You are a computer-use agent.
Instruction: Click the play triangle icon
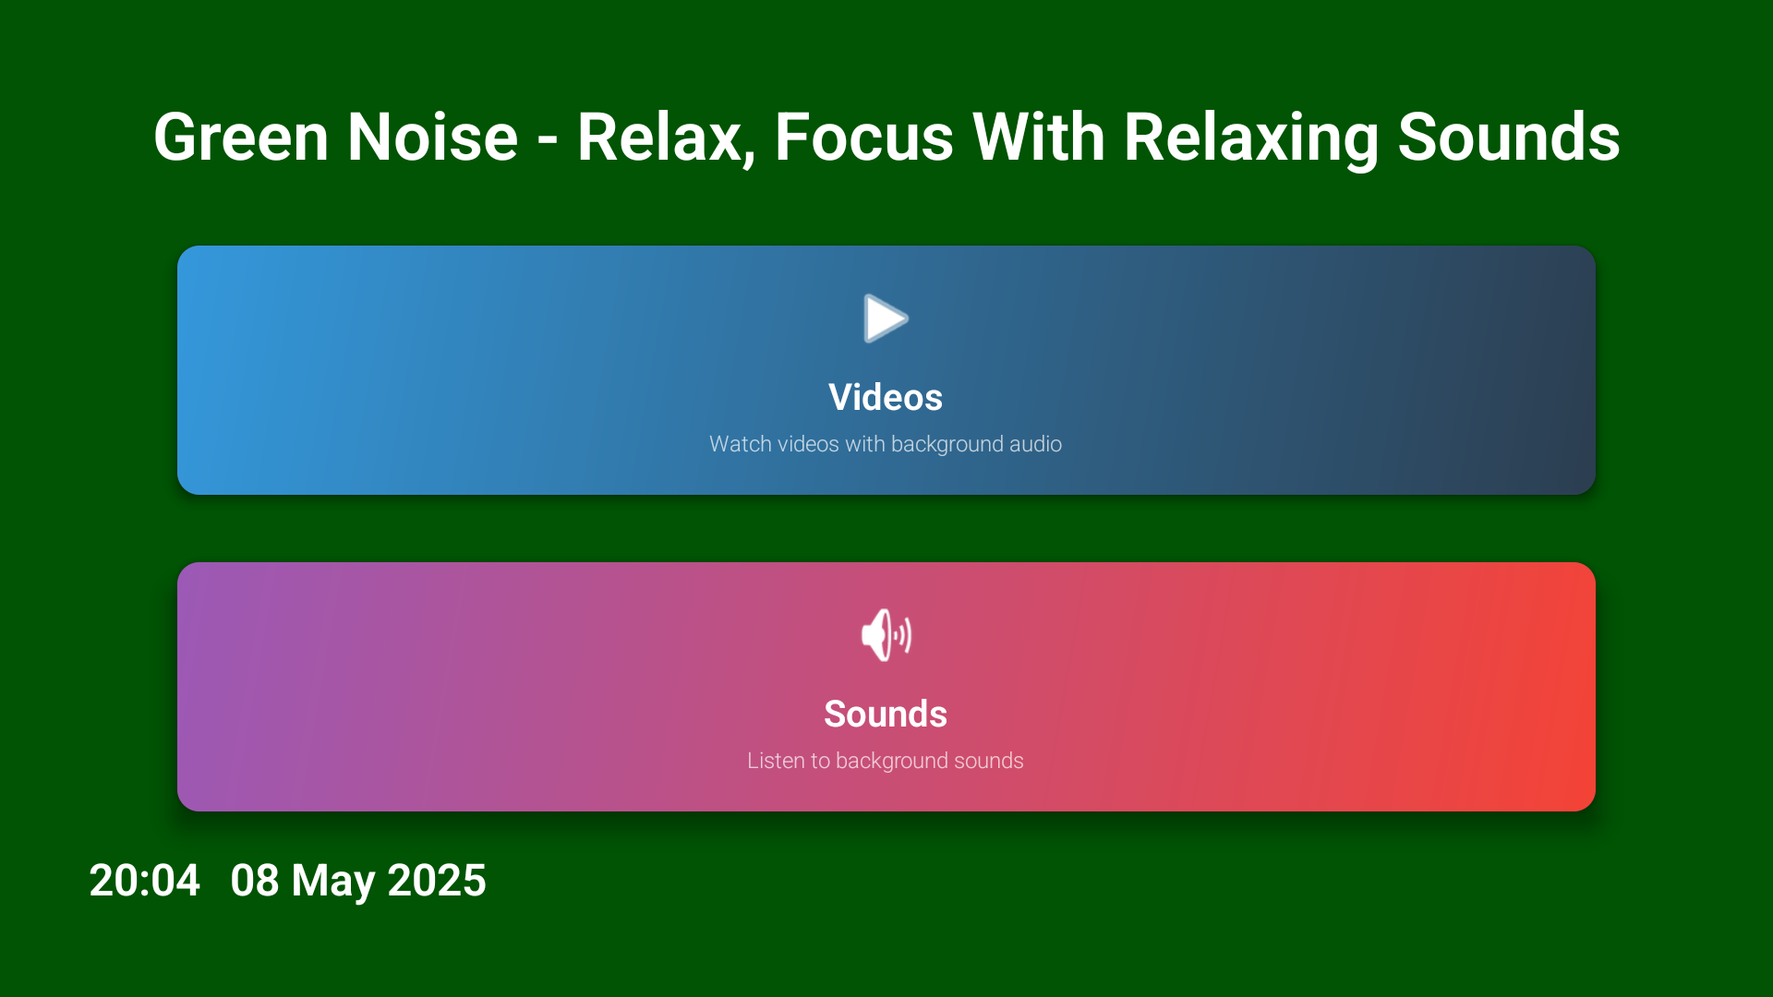(x=885, y=318)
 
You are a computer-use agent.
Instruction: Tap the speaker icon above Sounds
(x=886, y=635)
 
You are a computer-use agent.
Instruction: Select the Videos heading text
(x=885, y=397)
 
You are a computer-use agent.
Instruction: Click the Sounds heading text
(x=885, y=714)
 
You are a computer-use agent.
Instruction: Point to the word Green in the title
(x=241, y=138)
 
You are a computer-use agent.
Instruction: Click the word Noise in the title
(x=432, y=138)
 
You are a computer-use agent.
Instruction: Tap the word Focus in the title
(x=863, y=138)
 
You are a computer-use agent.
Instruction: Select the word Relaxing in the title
(x=1250, y=138)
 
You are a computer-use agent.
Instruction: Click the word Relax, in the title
(x=666, y=138)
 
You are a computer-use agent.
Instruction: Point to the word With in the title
(x=1039, y=138)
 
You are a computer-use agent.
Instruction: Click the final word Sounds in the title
(x=1509, y=138)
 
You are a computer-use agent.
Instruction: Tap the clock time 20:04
(x=144, y=880)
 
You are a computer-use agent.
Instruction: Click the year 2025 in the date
(x=437, y=880)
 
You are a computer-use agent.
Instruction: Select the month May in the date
(x=333, y=882)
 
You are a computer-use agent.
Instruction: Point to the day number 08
(x=255, y=880)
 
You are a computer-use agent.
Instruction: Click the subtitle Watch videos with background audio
(x=885, y=444)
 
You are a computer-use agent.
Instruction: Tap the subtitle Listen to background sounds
(x=885, y=761)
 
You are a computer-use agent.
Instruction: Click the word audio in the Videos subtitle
(x=1035, y=444)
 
